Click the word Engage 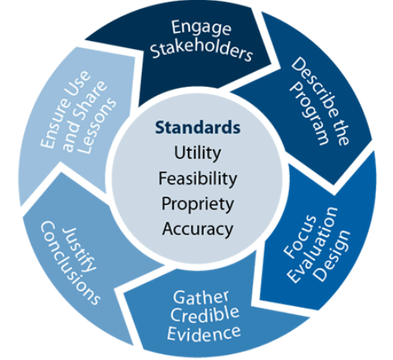[201, 27]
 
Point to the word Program [309, 114]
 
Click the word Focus [300, 237]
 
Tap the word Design [333, 256]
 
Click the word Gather [201, 297]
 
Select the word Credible [205, 314]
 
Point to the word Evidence [204, 333]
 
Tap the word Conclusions [70, 263]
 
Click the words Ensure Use [65, 110]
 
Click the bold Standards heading [198, 127]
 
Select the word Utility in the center [197, 153]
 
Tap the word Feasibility [198, 179]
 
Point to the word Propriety [198, 204]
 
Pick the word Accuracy [198, 230]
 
